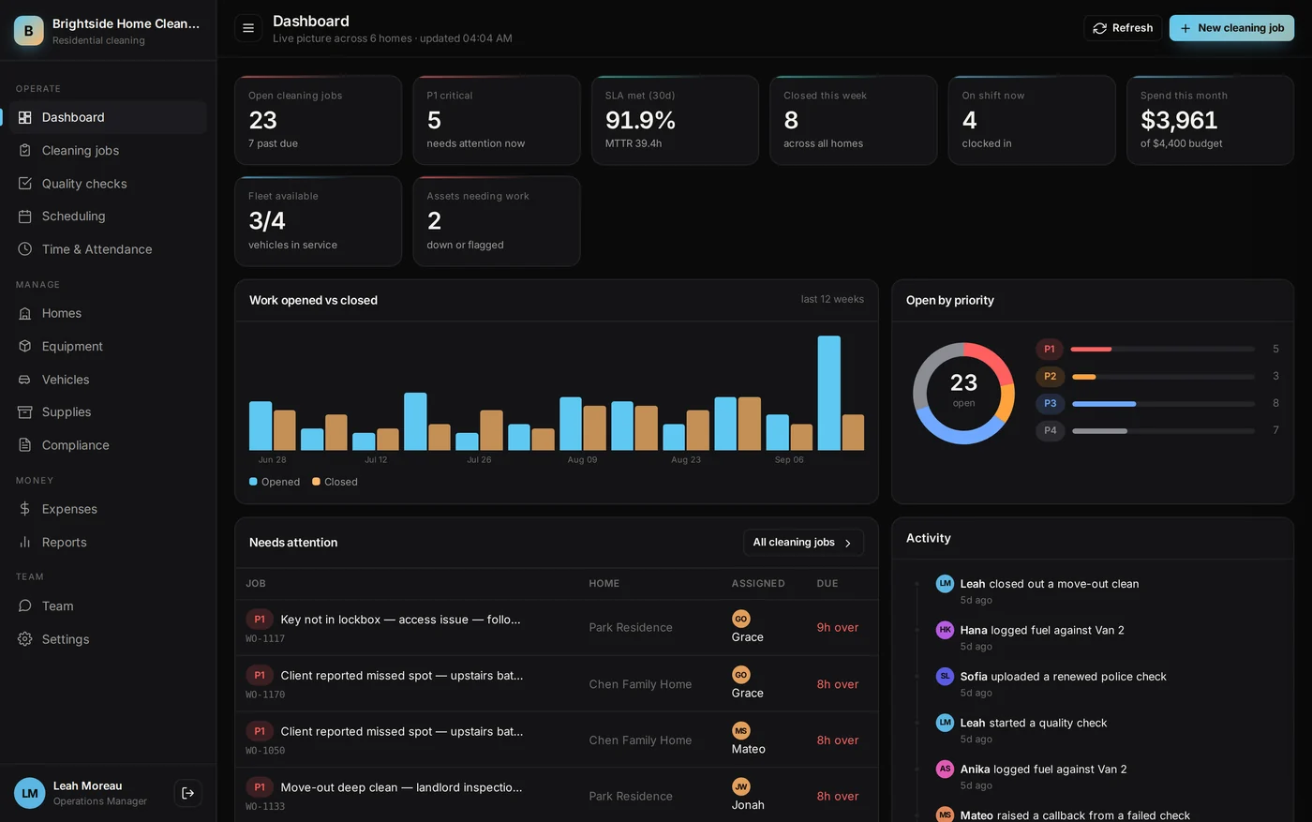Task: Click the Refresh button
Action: pos(1123,28)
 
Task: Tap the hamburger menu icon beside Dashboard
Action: pos(248,28)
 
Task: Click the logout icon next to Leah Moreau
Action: pos(188,793)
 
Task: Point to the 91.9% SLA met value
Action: pos(640,120)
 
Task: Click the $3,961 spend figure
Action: pos(1179,120)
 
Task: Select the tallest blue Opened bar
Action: pos(828,393)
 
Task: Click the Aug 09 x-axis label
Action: pos(582,460)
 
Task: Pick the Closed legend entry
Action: pos(335,482)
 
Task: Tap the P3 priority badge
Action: pos(1050,403)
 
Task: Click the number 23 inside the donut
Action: pos(963,382)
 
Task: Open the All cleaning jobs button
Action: pos(803,543)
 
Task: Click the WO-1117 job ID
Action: pos(264,638)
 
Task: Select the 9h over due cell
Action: pos(838,627)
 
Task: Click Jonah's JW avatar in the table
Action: pos(741,786)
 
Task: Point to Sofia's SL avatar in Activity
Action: pos(945,676)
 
